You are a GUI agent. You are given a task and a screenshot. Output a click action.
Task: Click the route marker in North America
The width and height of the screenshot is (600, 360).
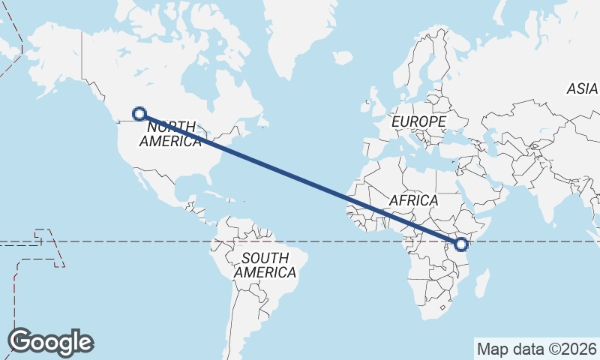[139, 114]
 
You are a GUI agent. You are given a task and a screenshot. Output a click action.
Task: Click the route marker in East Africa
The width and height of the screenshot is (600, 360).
[461, 244]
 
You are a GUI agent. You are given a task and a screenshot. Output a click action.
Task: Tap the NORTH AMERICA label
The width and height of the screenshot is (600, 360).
[170, 133]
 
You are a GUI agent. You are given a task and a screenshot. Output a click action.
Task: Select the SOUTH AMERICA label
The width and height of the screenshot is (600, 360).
[265, 265]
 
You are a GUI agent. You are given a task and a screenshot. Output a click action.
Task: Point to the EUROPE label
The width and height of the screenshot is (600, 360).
[418, 121]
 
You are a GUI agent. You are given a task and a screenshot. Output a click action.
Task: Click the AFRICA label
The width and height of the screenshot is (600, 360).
[413, 200]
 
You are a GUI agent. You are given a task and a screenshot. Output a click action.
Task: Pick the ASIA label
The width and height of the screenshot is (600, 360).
[582, 88]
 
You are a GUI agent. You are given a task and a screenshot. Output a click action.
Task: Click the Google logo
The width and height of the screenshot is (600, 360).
[50, 341]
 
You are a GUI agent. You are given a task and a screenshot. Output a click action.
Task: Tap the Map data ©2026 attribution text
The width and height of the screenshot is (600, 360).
[537, 349]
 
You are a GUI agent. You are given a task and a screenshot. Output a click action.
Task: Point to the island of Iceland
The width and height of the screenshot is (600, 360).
[342, 57]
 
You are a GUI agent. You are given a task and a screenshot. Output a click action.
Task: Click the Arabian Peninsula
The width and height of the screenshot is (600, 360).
[487, 187]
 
